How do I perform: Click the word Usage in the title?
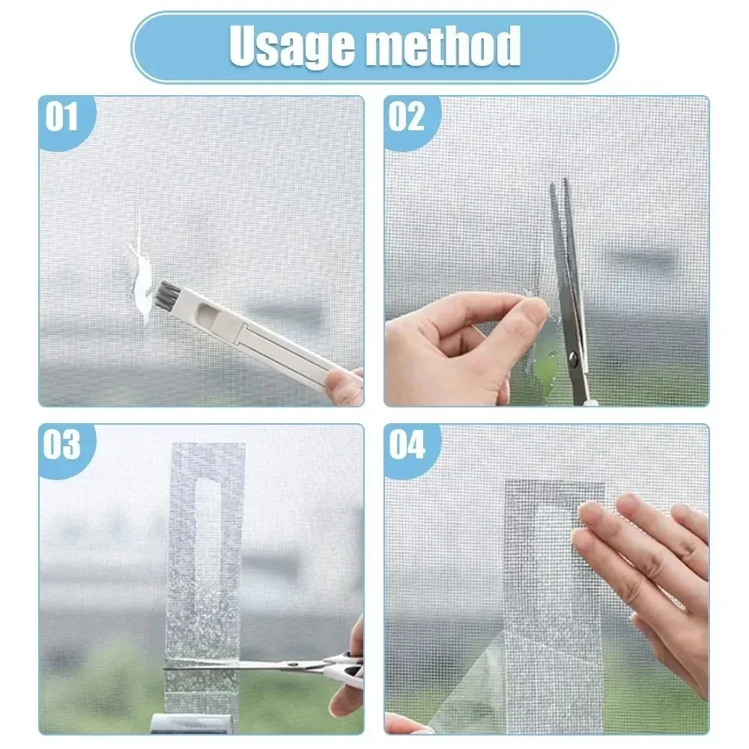(289, 46)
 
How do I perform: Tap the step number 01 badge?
(62, 118)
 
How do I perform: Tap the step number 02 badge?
(407, 118)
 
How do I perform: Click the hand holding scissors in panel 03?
(348, 674)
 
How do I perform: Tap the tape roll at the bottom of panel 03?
(180, 723)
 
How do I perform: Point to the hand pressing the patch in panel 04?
(644, 569)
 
